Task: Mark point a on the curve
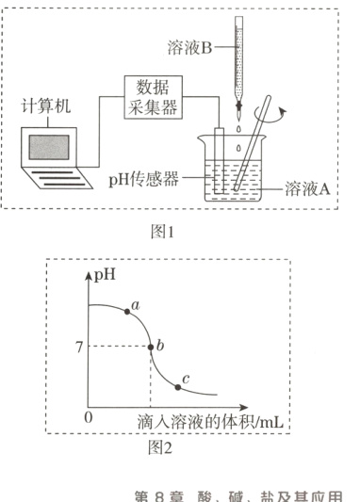tap(128, 311)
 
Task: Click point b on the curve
tap(151, 348)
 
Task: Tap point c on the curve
tap(177, 386)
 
